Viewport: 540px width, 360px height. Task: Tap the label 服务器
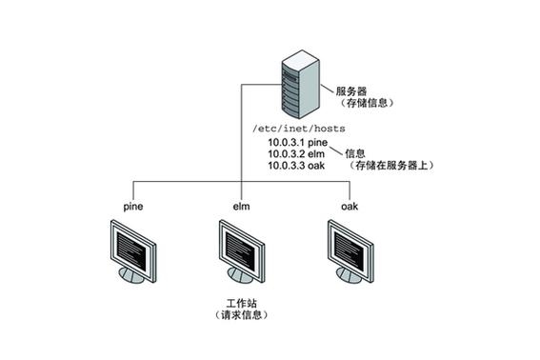click(350, 90)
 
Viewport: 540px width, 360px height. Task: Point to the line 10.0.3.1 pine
click(297, 142)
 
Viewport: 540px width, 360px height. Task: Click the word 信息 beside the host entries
click(354, 151)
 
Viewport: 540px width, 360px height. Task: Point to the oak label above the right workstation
click(350, 206)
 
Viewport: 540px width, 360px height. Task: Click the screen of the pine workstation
click(131, 245)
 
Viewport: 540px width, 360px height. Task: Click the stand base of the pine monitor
click(135, 277)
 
